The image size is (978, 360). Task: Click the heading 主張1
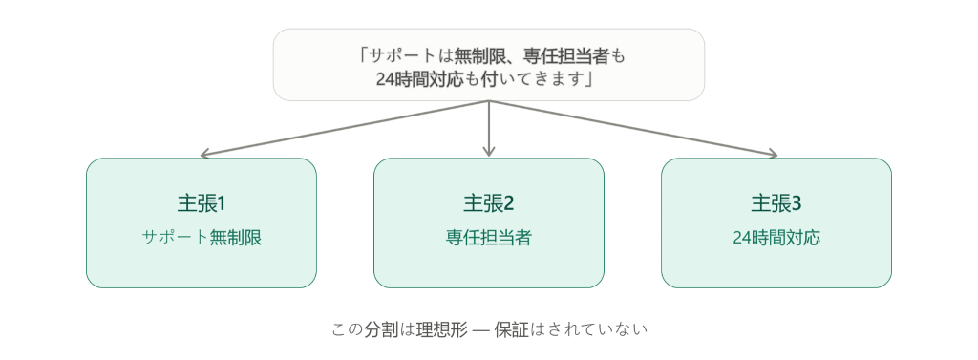point(201,203)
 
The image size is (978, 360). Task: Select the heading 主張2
point(488,203)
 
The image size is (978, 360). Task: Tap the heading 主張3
point(776,203)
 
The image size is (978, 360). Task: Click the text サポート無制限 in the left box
point(202,238)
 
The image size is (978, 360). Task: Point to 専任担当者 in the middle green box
point(488,238)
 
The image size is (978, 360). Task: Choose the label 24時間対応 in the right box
point(776,238)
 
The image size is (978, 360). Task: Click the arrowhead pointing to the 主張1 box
point(203,154)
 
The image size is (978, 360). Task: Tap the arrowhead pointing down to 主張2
point(489,152)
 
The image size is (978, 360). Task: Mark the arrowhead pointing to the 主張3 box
point(774,154)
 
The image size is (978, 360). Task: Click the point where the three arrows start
point(489,101)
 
